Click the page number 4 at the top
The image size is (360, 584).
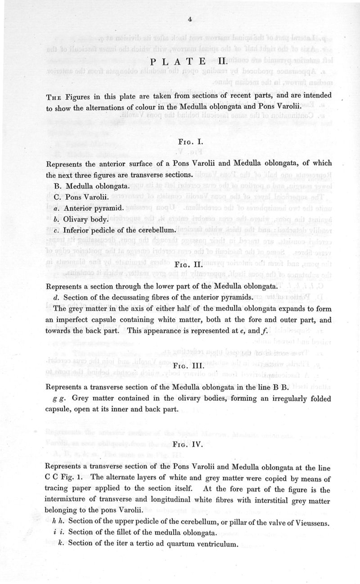pyautogui.click(x=191, y=19)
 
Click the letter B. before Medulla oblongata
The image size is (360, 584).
pyautogui.click(x=56, y=186)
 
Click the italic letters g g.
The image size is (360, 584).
pyautogui.click(x=59, y=399)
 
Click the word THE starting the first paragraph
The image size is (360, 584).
pyautogui.click(x=54, y=96)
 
